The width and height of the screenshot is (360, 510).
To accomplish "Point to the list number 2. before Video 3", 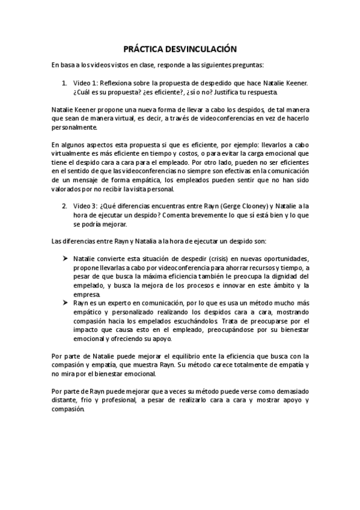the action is (x=65, y=206).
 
